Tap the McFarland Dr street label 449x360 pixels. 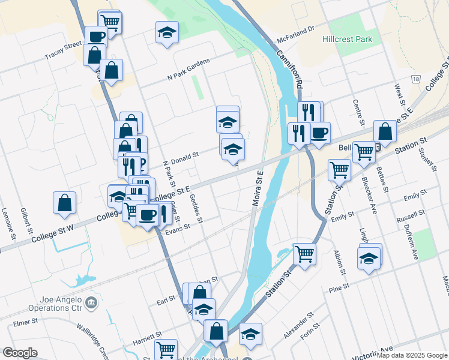click(x=296, y=36)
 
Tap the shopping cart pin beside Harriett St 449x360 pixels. click(x=166, y=349)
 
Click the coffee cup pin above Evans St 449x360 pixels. click(x=148, y=214)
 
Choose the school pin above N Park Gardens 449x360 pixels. click(x=167, y=32)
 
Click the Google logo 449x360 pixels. click(x=20, y=353)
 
